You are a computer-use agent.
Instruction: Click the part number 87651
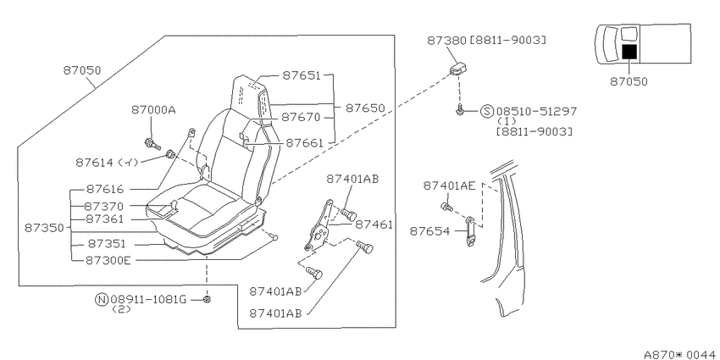[x=302, y=75]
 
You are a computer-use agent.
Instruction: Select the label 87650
[x=365, y=108]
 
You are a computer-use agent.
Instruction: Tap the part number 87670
[x=301, y=117]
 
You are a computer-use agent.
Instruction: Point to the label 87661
[x=305, y=143]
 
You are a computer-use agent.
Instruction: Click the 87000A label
[x=154, y=110]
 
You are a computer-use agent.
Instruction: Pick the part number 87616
[x=105, y=189]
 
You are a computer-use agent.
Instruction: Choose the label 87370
[x=104, y=206]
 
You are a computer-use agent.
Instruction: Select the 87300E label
[x=108, y=260]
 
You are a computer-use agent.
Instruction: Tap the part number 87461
[x=374, y=224]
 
